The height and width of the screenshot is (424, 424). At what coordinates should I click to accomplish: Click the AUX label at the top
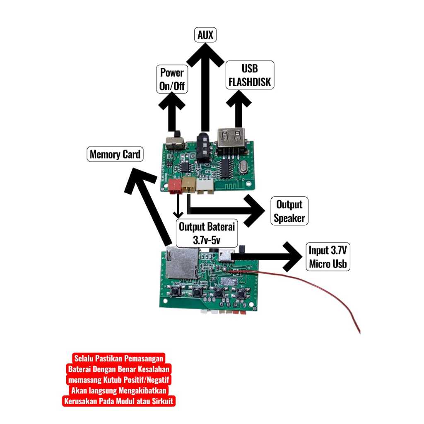click(205, 35)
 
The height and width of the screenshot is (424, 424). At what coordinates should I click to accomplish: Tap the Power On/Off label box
click(171, 79)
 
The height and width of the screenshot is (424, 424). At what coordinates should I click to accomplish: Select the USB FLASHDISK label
click(250, 75)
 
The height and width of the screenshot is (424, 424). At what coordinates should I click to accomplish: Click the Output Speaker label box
click(289, 211)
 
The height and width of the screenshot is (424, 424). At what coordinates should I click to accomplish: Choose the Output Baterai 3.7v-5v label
click(207, 233)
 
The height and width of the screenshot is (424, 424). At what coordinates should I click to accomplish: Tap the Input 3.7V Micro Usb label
click(328, 257)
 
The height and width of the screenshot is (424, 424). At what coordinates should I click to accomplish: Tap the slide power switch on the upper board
click(174, 143)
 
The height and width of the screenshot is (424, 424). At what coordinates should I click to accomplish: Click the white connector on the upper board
click(205, 187)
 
